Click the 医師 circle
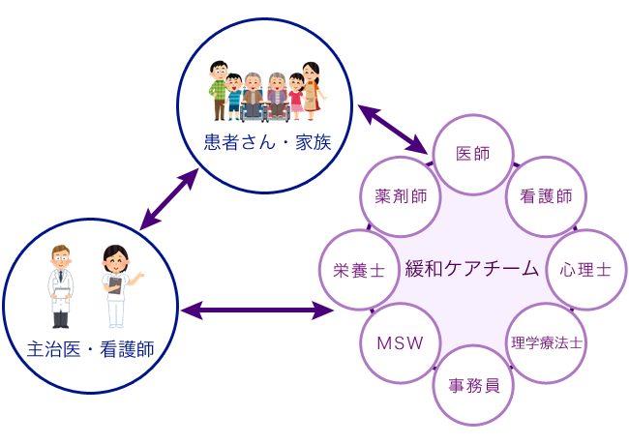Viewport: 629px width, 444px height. click(x=471, y=154)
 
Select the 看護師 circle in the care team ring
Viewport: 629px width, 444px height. click(x=546, y=196)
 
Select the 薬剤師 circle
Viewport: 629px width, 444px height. click(x=400, y=196)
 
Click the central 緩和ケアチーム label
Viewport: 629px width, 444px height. click(x=471, y=268)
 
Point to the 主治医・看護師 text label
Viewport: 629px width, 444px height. click(x=92, y=346)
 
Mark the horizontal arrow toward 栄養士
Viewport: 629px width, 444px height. click(x=257, y=311)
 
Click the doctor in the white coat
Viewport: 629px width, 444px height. click(x=61, y=284)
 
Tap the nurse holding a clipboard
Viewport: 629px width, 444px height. click(x=117, y=286)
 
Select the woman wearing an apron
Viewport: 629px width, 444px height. click(x=310, y=89)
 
